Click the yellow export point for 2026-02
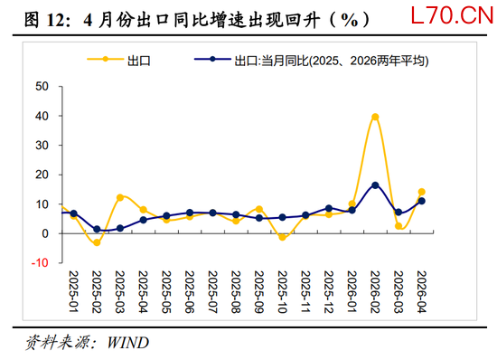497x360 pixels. (375, 117)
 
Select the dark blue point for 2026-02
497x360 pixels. (375, 185)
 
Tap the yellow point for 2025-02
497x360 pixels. (97, 242)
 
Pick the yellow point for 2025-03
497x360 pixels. (120, 197)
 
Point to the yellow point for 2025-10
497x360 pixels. (283, 237)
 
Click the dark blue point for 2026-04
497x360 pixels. (422, 201)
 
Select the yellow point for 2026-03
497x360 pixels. (399, 226)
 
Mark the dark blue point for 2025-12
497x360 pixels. (329, 208)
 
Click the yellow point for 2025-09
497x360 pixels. (259, 209)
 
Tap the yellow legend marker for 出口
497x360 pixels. (105, 59)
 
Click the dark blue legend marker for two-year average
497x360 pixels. (212, 59)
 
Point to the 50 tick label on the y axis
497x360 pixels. (42, 86)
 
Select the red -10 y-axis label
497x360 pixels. (40, 262)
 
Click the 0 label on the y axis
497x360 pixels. (45, 233)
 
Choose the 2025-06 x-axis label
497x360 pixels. (189, 292)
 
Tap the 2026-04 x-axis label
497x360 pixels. (421, 292)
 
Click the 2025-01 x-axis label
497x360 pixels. (73, 292)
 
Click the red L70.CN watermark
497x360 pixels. (453, 15)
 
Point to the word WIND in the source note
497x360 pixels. (127, 343)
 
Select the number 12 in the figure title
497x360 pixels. (56, 20)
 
